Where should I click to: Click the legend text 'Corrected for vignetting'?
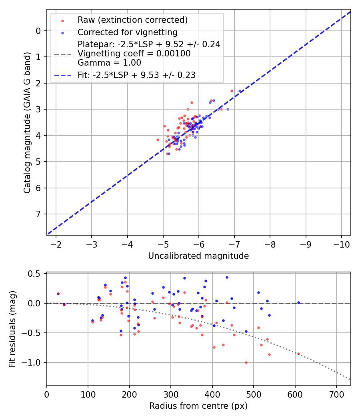coord(127,32)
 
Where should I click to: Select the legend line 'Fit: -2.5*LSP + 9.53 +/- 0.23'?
coord(62,75)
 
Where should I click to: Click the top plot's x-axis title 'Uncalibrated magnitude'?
coord(198,256)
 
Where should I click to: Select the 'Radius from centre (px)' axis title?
coord(198,406)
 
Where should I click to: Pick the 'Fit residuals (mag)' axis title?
coord(12,329)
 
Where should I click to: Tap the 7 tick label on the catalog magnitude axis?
coord(38,214)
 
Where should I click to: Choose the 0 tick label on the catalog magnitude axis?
coord(38,31)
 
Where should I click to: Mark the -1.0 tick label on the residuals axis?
coord(34,362)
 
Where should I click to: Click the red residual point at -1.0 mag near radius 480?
coord(246,362)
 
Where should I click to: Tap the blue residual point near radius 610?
coord(298,303)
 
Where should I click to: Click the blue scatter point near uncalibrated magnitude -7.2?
coord(240,92)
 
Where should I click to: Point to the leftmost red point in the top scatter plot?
coord(158,140)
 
